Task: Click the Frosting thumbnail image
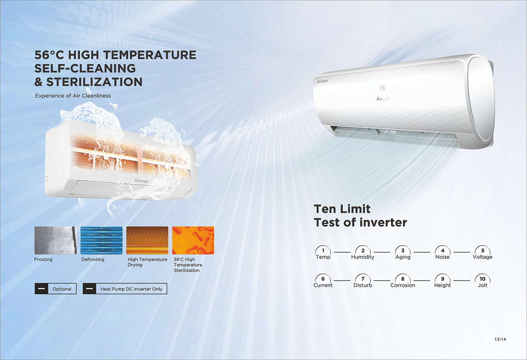(x=56, y=240)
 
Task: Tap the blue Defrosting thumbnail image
(x=102, y=240)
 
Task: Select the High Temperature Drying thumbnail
(x=147, y=240)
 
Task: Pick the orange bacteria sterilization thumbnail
(x=193, y=240)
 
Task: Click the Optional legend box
(x=56, y=289)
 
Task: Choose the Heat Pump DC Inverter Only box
(x=125, y=289)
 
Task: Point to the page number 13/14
(x=500, y=339)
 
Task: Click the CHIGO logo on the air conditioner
(x=323, y=81)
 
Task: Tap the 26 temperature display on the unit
(x=382, y=88)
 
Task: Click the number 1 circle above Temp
(x=323, y=250)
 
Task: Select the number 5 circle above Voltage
(x=483, y=250)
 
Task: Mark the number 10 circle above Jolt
(x=482, y=279)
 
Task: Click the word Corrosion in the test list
(x=403, y=285)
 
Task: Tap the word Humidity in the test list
(x=363, y=257)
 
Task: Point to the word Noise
(x=443, y=257)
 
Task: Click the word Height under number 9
(x=443, y=286)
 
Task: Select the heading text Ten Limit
(x=342, y=209)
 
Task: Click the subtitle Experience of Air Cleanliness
(x=73, y=96)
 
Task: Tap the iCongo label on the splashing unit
(x=142, y=181)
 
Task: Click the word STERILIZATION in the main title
(x=95, y=82)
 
